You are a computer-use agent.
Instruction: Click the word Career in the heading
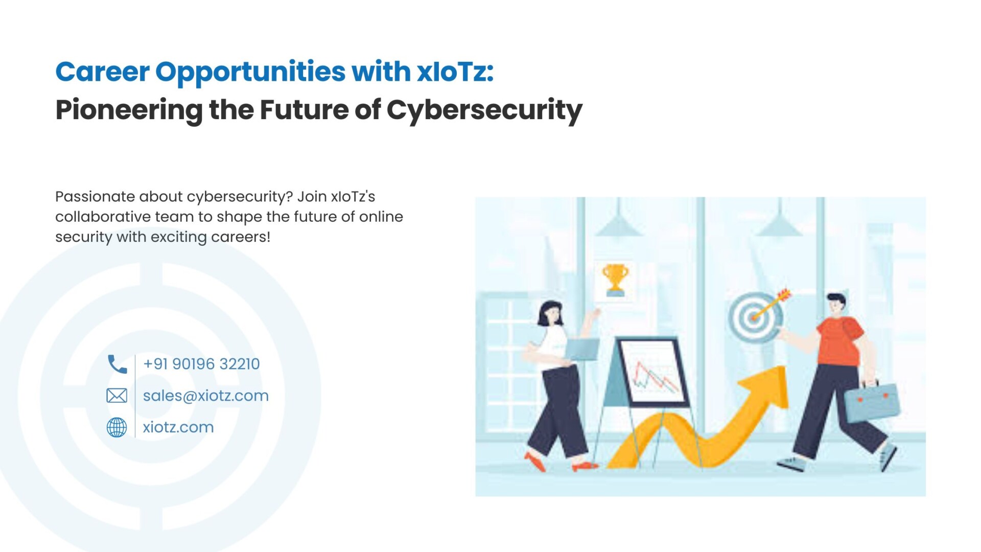[x=102, y=72]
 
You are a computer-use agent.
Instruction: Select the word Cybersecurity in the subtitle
[x=484, y=110]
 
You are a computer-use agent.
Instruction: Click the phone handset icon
[x=117, y=364]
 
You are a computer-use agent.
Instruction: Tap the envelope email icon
[x=116, y=396]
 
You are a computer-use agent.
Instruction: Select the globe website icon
[x=116, y=427]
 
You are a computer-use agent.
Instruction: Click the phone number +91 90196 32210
[x=201, y=364]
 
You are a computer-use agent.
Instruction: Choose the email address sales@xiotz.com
[x=205, y=396]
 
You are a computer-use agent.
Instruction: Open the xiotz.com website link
[x=178, y=427]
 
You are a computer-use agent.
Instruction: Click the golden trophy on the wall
[x=615, y=280]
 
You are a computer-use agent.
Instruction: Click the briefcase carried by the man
[x=871, y=402]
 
